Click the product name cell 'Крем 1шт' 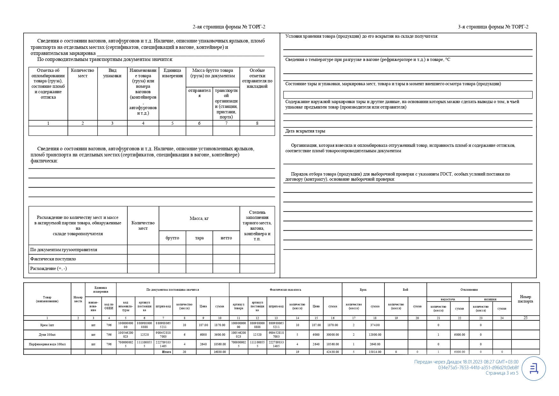(x=47, y=325)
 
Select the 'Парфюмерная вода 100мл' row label (x=47, y=344)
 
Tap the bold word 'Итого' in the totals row (x=167, y=352)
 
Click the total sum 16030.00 (x=219, y=352)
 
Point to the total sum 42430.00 (x=333, y=352)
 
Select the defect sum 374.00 (x=375, y=325)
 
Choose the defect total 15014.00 (x=375, y=352)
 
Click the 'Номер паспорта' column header (x=525, y=299)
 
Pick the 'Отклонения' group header (x=469, y=290)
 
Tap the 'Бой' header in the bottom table (x=405, y=290)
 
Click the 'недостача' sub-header (x=448, y=299)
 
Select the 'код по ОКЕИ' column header (x=109, y=306)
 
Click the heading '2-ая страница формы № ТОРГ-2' (x=229, y=27)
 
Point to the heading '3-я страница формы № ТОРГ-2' (x=493, y=27)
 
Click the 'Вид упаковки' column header (x=112, y=73)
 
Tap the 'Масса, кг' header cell (x=199, y=219)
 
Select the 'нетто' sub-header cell (x=226, y=238)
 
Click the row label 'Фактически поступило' (x=53, y=259)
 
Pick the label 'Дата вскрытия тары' (x=305, y=131)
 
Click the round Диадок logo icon (x=534, y=369)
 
